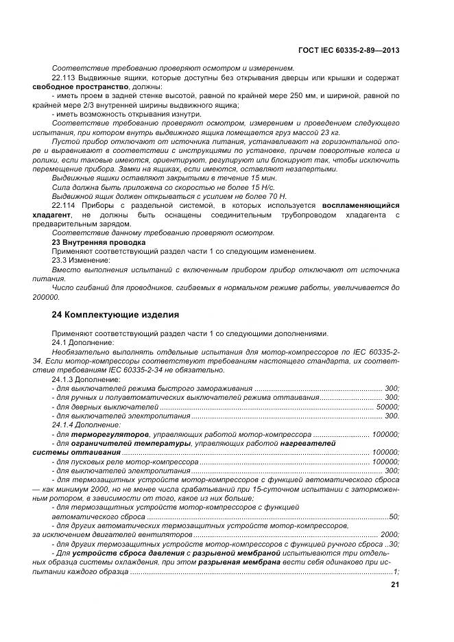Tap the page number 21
[394, 585]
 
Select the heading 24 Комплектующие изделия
[116, 315]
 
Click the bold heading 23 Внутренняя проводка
[99, 242]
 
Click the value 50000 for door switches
[387, 407]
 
